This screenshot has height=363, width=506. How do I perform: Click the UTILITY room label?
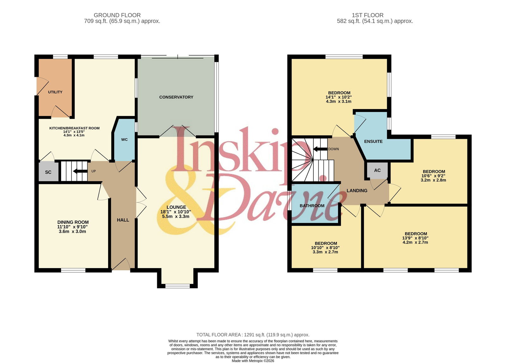point(55,92)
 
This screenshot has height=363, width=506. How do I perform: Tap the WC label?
point(125,139)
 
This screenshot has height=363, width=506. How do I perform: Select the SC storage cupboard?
point(48,171)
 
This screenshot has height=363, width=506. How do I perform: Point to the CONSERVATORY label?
point(176,97)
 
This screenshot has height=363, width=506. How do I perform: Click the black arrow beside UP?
point(80,171)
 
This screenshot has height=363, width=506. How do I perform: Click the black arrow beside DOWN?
point(320,149)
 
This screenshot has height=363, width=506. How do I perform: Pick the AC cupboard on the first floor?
point(377,170)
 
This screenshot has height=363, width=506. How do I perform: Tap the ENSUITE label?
point(373,141)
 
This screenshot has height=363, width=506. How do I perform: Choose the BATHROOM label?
point(312,206)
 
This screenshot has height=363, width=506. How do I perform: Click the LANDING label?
point(357,191)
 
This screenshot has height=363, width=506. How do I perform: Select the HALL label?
point(123,220)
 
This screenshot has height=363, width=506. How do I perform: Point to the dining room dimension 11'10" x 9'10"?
point(72,227)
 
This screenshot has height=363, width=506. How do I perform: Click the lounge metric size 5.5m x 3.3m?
point(176,216)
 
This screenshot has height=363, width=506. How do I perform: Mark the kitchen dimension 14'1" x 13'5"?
point(74,132)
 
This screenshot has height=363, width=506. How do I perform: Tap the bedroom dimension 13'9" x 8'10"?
point(415,238)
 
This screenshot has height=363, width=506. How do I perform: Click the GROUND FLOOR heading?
point(117,15)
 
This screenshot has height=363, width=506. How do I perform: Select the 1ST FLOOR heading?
point(367,15)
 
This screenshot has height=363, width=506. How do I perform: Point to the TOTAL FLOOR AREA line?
point(253,335)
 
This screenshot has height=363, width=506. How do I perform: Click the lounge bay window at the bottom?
point(177,286)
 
